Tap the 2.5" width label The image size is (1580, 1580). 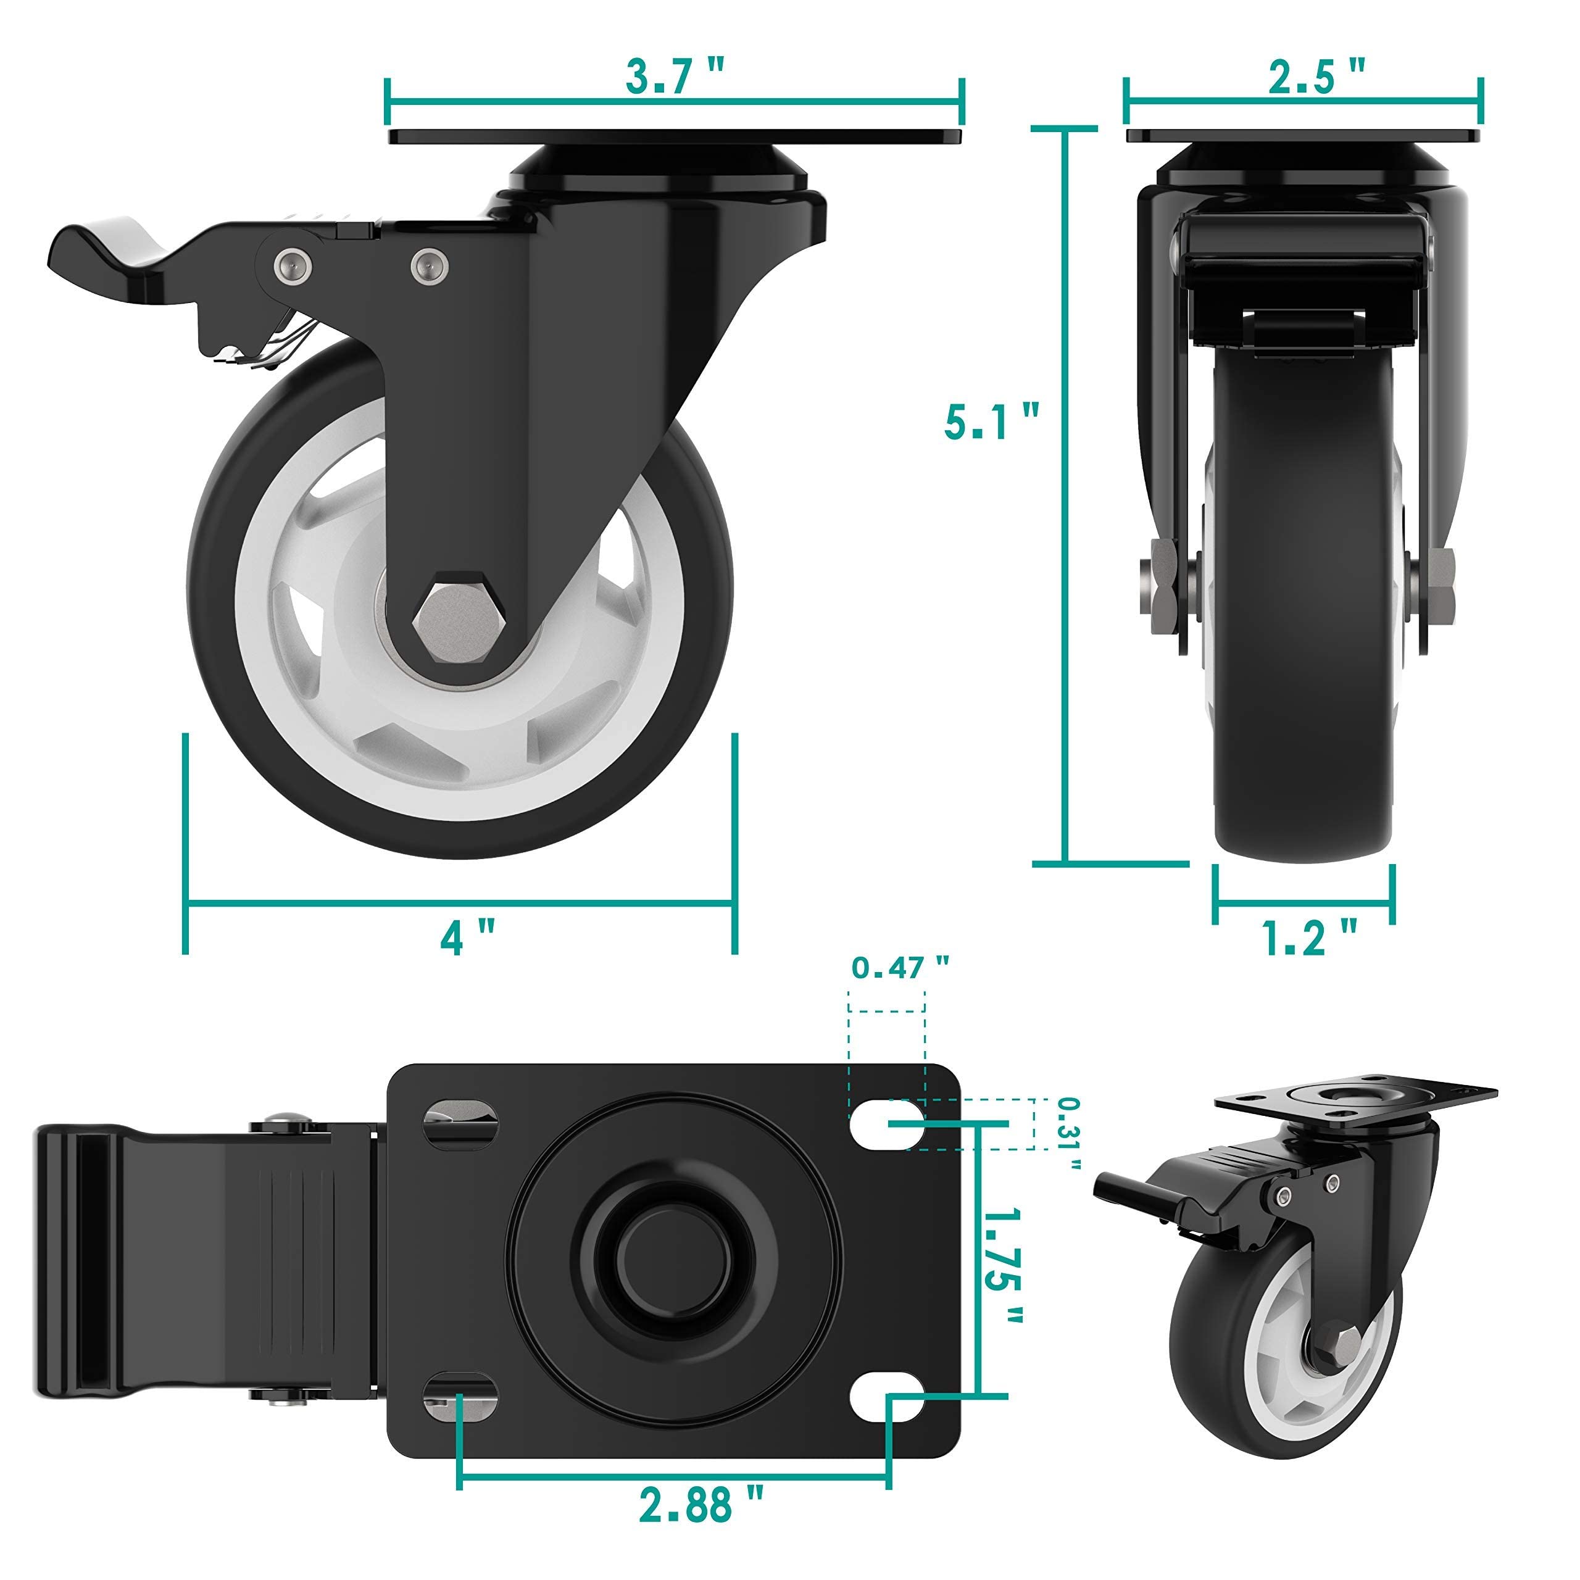(1316, 77)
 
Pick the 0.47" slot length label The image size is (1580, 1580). (900, 968)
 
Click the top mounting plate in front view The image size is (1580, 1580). (1304, 136)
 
